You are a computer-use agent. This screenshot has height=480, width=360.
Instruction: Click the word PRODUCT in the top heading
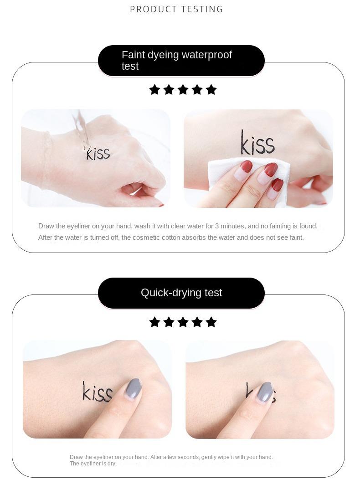coord(154,9)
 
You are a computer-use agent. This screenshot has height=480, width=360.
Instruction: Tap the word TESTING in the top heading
coord(202,9)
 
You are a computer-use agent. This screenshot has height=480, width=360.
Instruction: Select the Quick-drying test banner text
coord(181,293)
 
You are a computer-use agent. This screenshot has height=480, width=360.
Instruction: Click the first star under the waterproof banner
coord(154,90)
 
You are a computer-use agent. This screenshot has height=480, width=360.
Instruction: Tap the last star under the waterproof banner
coord(211,90)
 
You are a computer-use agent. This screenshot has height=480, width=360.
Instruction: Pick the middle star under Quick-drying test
coord(183,322)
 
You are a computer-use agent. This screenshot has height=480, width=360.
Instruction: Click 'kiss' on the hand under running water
coord(98,153)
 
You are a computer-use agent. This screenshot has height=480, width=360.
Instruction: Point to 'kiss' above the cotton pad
coord(257,143)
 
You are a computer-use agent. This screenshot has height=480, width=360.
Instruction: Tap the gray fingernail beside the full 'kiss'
coord(134,388)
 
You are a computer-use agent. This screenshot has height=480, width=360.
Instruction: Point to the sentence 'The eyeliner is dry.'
coord(93,464)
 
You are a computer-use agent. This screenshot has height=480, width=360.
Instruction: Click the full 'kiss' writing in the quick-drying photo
coord(98,392)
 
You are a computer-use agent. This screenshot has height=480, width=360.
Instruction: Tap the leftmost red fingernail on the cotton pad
coord(246,167)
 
